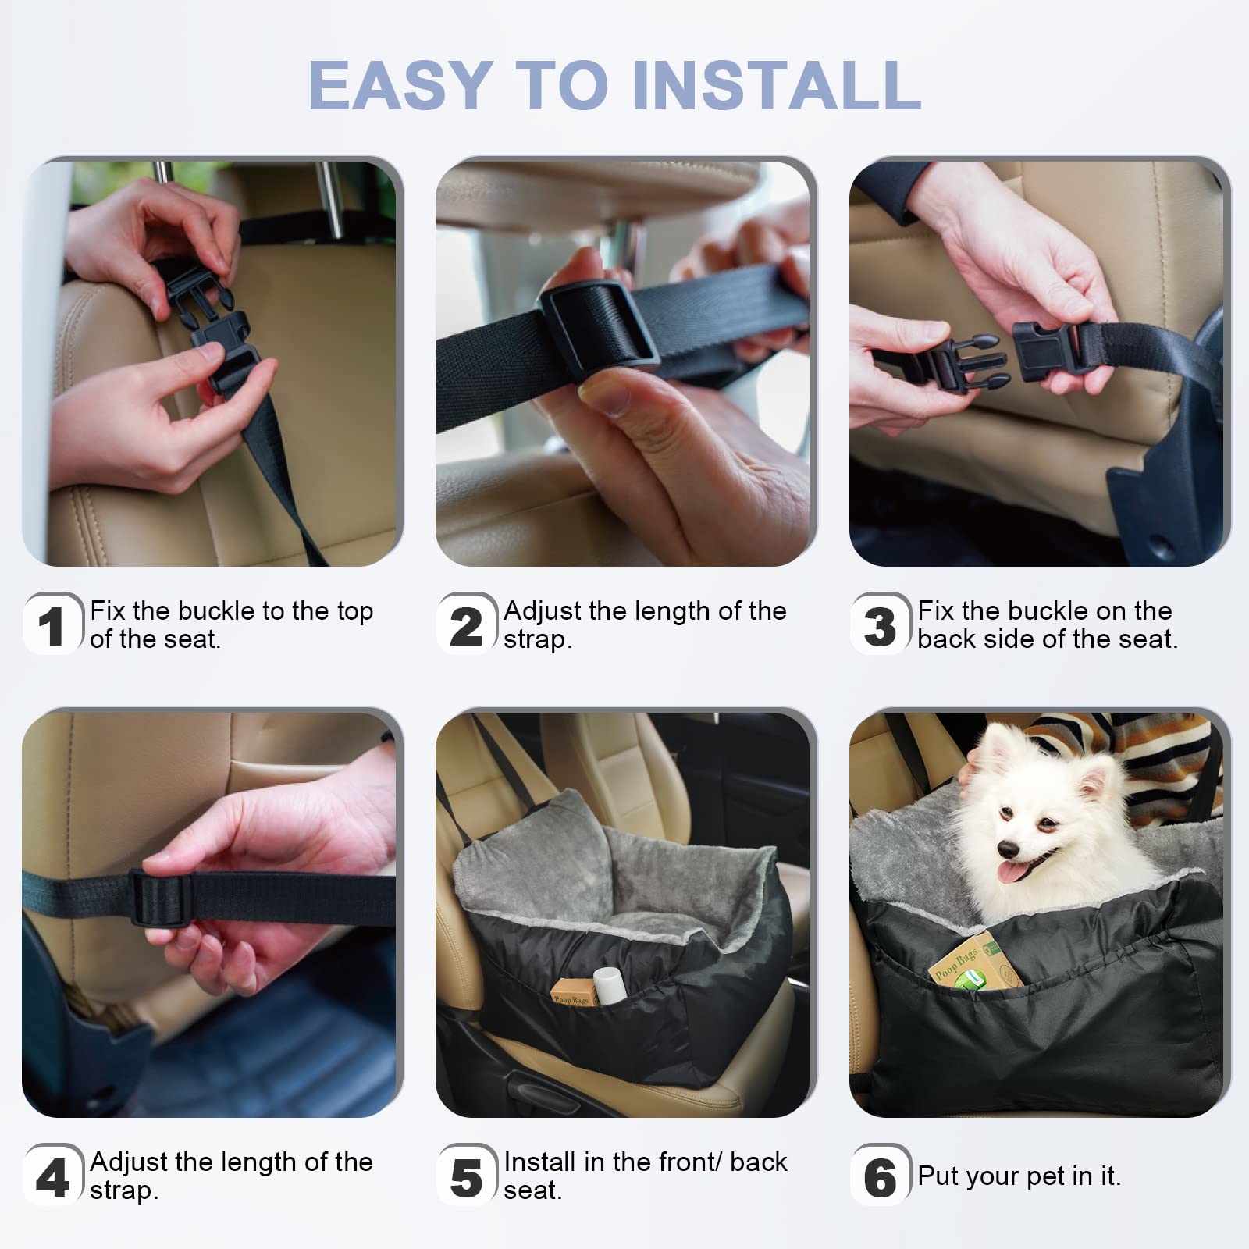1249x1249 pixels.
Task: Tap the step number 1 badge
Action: click(52, 625)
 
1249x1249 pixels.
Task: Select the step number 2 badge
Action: click(466, 625)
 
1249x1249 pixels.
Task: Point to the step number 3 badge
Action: click(880, 625)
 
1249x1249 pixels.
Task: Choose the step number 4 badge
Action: click(52, 1176)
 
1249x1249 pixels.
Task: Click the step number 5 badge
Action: click(466, 1176)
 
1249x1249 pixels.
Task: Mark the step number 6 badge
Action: click(880, 1176)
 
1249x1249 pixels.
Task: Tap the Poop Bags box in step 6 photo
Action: click(973, 968)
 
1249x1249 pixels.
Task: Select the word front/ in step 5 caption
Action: click(686, 1162)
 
